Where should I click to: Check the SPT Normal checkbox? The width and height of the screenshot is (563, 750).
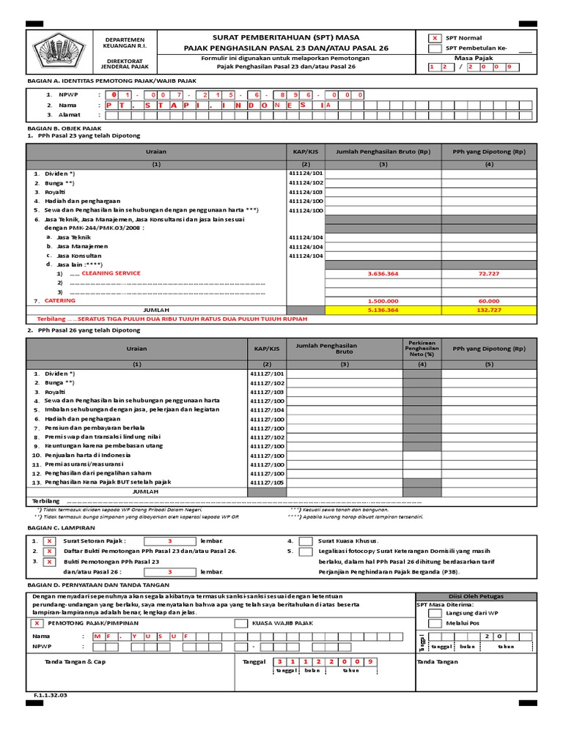pyautogui.click(x=435, y=37)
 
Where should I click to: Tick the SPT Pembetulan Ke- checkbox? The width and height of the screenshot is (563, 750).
pyautogui.click(x=435, y=49)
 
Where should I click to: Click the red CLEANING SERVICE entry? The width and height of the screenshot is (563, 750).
pyautogui.click(x=111, y=272)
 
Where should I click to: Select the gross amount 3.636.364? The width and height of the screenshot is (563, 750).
pyautogui.click(x=383, y=273)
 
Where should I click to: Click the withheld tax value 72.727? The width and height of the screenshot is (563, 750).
pyautogui.click(x=489, y=273)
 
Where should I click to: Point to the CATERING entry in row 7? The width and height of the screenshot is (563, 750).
pyautogui.click(x=60, y=300)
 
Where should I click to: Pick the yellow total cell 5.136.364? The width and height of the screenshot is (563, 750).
pyautogui.click(x=383, y=310)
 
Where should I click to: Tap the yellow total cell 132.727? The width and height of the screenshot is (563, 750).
pyautogui.click(x=489, y=310)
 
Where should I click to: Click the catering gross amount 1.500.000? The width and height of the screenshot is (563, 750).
pyautogui.click(x=383, y=300)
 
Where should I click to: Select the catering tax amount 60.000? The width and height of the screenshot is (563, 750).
pyautogui.click(x=489, y=300)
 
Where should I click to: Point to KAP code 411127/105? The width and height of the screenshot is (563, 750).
pyautogui.click(x=267, y=483)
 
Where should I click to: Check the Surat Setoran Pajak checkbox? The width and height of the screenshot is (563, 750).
pyautogui.click(x=50, y=541)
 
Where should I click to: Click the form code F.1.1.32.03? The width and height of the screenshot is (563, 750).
pyautogui.click(x=50, y=695)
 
